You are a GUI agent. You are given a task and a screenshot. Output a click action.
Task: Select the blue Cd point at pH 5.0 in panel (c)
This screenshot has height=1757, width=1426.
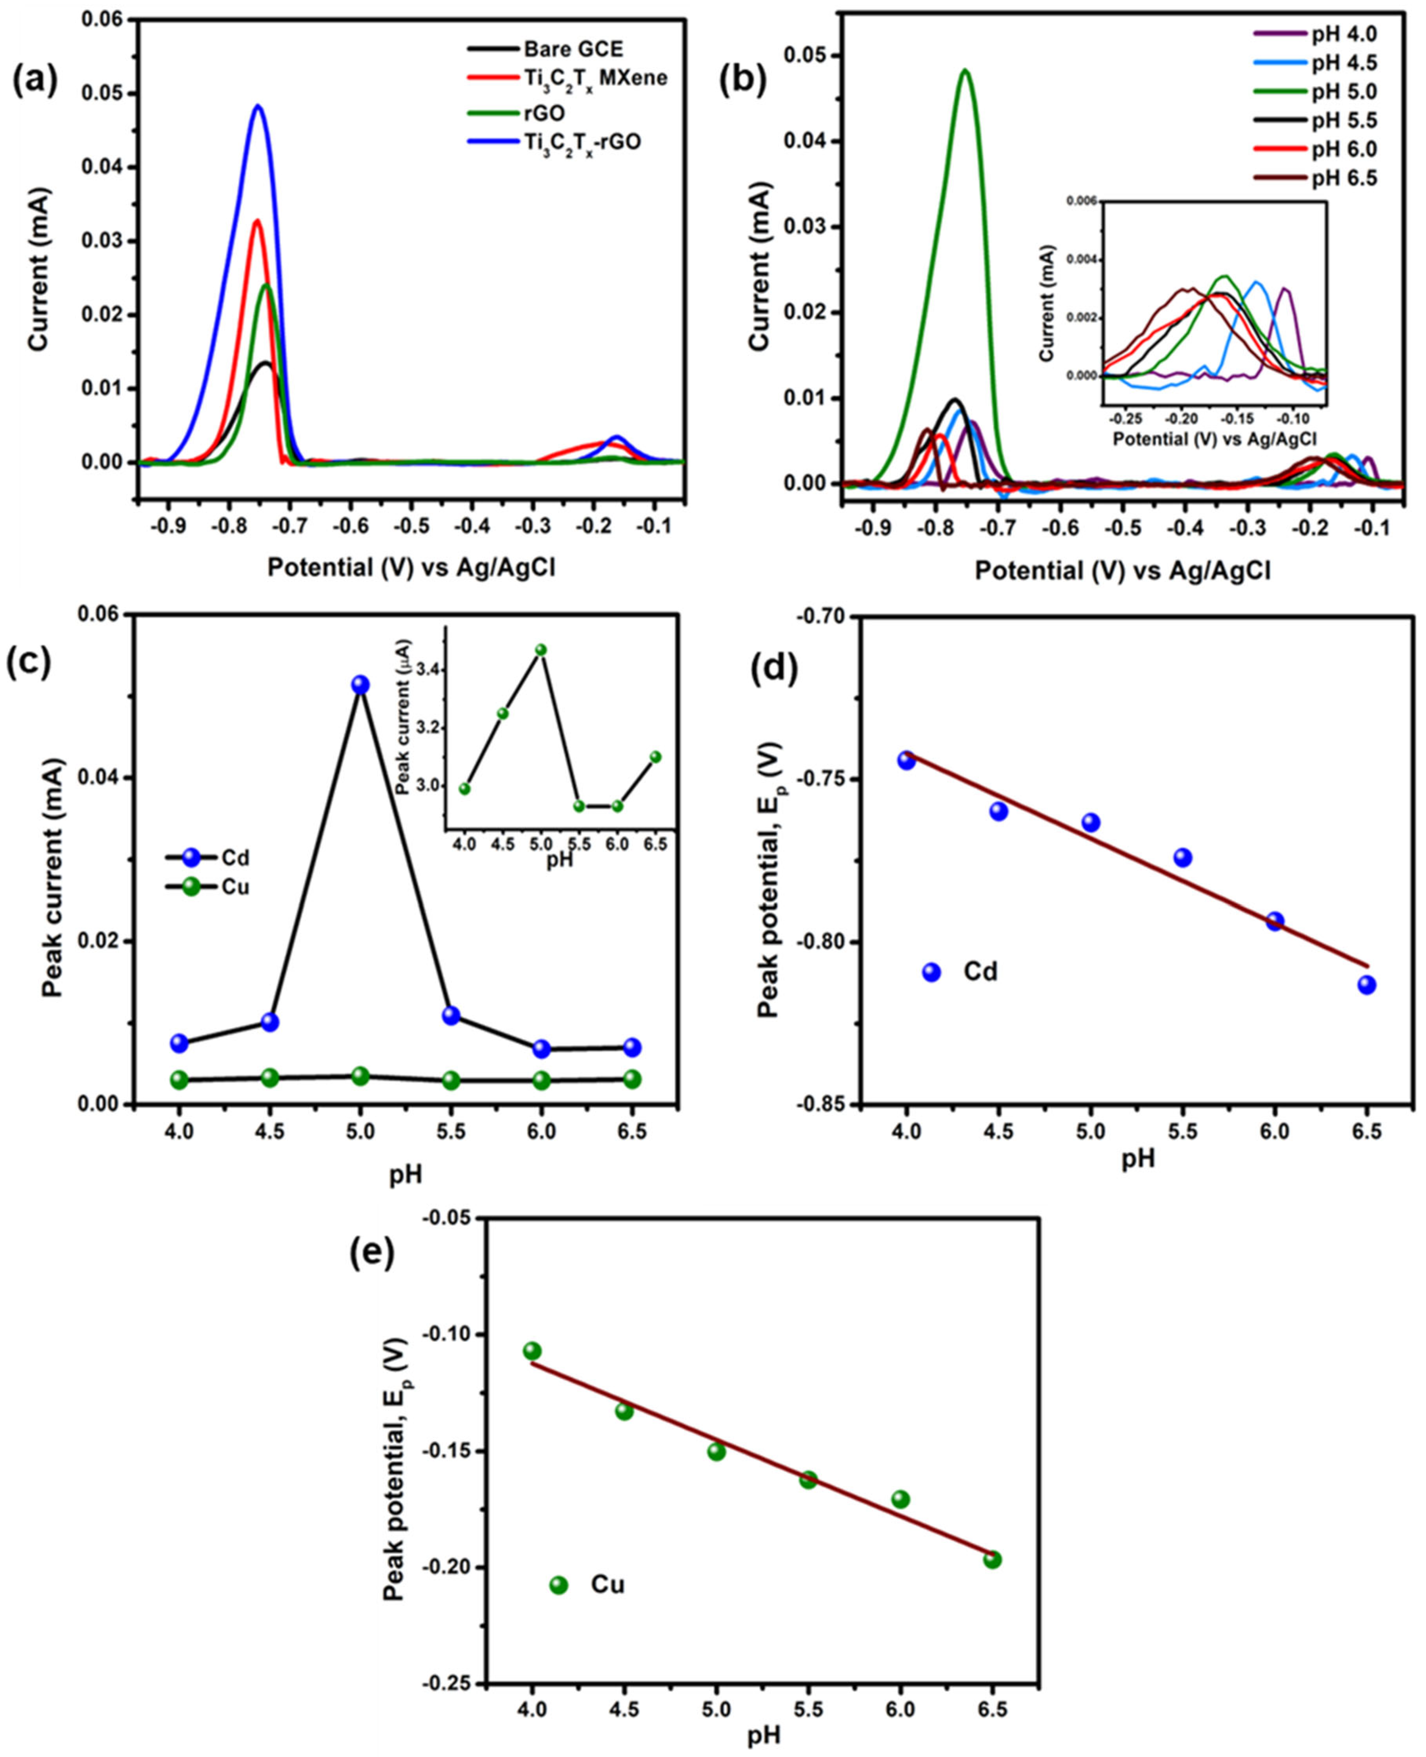click(360, 684)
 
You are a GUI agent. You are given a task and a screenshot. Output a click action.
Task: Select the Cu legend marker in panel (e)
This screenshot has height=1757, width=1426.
click(558, 1584)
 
